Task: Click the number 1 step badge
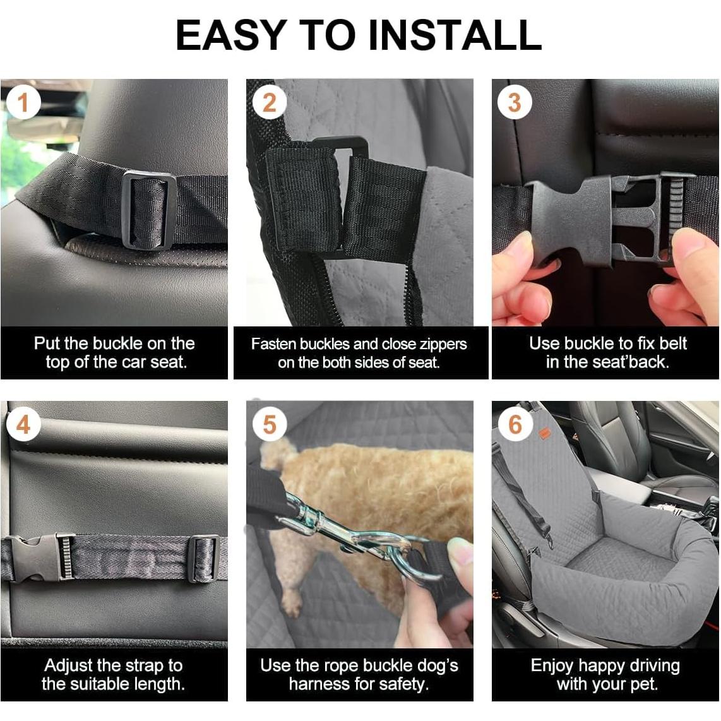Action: click(x=23, y=102)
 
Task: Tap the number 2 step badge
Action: click(x=270, y=102)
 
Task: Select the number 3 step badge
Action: click(x=515, y=102)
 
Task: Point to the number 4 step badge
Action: click(x=23, y=424)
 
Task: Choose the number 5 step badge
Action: click(x=270, y=424)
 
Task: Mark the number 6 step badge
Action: click(x=515, y=424)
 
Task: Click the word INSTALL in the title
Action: click(x=454, y=35)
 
